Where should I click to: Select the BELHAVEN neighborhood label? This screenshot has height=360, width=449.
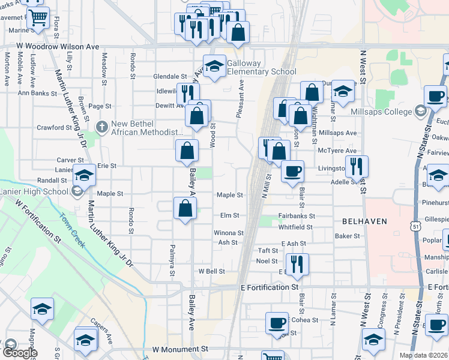click(x=359, y=221)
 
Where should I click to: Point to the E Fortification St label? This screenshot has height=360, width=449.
click(x=269, y=288)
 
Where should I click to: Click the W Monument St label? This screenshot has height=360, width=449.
click(x=179, y=349)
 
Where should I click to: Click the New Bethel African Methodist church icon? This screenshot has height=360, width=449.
click(x=102, y=127)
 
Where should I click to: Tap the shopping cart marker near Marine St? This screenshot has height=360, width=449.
click(x=38, y=19)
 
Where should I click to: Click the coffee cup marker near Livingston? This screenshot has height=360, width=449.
click(x=292, y=172)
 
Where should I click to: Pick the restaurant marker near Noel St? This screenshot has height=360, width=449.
click(x=297, y=264)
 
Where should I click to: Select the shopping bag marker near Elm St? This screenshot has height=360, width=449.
click(x=185, y=209)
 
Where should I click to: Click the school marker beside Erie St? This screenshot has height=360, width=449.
click(x=85, y=176)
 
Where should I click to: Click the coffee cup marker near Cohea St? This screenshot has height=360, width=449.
click(x=276, y=323)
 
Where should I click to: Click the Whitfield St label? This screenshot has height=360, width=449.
click(x=295, y=227)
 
